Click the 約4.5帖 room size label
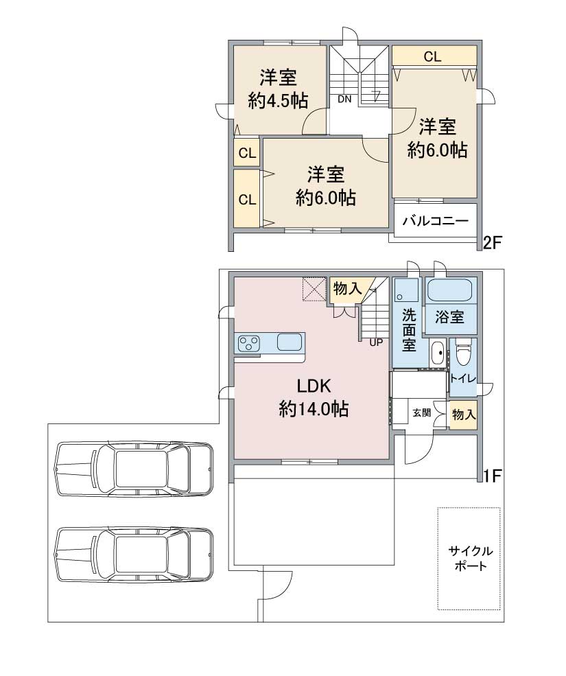click(278, 102)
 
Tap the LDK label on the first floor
click(314, 386)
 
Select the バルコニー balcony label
click(436, 221)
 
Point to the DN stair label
click(344, 99)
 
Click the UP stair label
click(376, 342)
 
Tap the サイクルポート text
click(471, 558)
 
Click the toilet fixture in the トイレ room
click(464, 350)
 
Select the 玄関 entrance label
click(422, 412)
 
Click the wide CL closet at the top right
click(434, 56)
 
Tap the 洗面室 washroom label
click(409, 330)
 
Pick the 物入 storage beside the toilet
click(463, 415)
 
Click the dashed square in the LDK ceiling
click(314, 288)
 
